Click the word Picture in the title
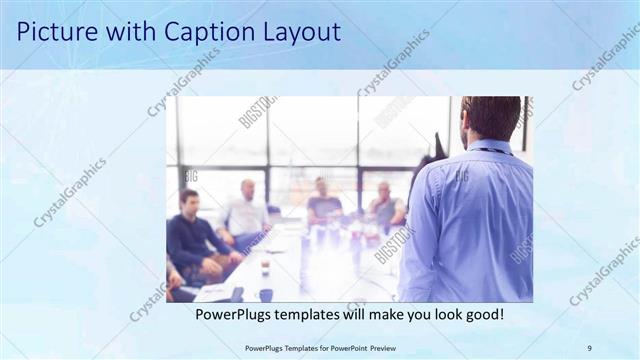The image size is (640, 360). [54, 32]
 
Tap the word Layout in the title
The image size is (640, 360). [296, 32]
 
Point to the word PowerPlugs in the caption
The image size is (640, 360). [236, 314]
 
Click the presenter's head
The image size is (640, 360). [491, 117]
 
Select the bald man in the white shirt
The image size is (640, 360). [246, 213]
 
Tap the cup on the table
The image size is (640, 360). [264, 293]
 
